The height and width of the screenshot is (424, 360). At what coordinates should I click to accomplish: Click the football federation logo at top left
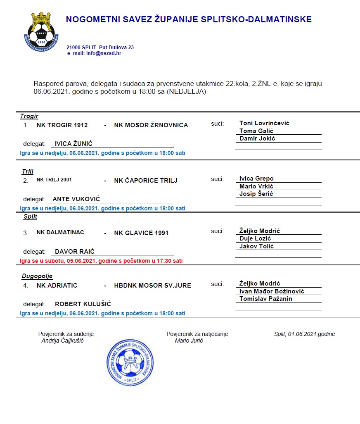(x=40, y=31)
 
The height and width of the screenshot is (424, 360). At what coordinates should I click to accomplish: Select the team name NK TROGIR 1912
(x=62, y=125)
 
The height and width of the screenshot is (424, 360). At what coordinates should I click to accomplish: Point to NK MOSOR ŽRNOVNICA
(x=151, y=125)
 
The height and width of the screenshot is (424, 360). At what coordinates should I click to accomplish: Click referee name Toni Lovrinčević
(x=264, y=123)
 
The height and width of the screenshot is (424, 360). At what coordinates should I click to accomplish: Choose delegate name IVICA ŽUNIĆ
(x=73, y=144)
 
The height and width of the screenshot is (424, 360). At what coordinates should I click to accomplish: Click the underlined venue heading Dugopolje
(x=37, y=276)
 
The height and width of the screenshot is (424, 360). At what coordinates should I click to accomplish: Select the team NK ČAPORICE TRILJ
(x=146, y=181)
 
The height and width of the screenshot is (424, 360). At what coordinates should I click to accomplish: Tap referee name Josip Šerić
(x=256, y=194)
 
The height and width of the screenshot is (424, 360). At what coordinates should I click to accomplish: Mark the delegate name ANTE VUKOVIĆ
(x=76, y=199)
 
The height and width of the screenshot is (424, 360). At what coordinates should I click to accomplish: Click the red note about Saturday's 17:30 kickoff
(x=101, y=261)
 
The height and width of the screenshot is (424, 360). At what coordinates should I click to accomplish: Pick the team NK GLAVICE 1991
(x=141, y=233)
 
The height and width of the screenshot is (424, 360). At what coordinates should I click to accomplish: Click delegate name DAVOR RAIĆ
(x=75, y=251)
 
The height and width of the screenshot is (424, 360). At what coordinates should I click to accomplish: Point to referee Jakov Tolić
(x=256, y=246)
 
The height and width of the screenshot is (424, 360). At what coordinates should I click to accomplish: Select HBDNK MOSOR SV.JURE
(x=153, y=286)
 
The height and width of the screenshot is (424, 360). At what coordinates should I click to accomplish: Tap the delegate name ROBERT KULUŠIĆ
(x=83, y=304)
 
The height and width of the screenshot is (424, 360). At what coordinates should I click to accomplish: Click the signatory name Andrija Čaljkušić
(x=63, y=341)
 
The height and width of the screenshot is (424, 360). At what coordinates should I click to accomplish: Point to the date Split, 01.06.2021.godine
(x=304, y=334)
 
